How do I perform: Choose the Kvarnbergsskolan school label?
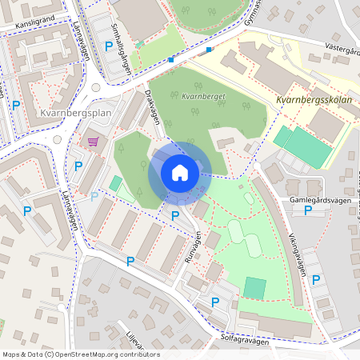[x=313, y=101]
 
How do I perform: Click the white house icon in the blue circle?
[x=179, y=173]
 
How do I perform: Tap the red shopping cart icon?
[x=93, y=142]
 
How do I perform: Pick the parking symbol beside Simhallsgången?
[x=109, y=46]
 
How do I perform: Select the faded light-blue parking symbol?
[x=94, y=196]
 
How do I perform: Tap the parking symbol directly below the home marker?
[x=174, y=214]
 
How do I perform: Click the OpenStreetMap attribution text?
[x=81, y=354]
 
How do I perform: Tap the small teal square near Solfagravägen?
[x=254, y=287]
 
